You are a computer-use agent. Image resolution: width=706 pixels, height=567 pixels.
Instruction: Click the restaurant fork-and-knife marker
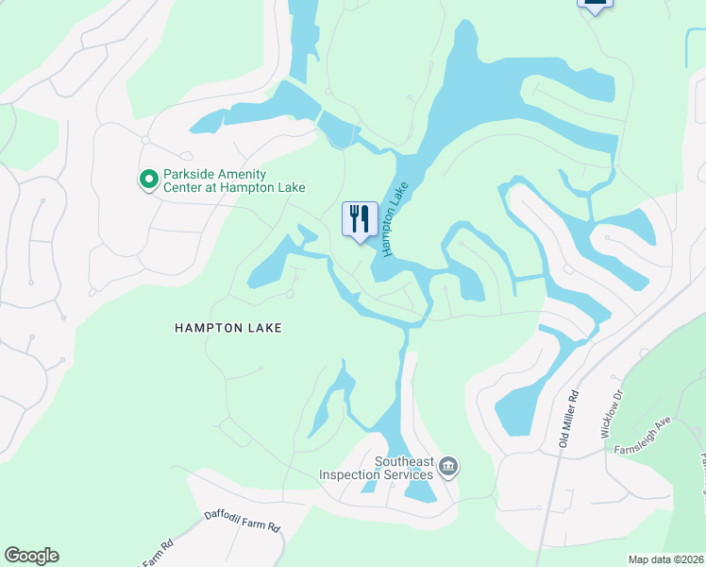pyautogui.click(x=359, y=219)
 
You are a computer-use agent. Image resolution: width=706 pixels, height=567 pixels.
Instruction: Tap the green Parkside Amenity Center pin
pyautogui.click(x=147, y=179)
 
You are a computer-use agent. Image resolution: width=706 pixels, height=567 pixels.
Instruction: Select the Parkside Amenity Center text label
pyautogui.click(x=220, y=180)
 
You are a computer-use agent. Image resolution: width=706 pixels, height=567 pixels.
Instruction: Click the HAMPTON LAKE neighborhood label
pyautogui.click(x=228, y=328)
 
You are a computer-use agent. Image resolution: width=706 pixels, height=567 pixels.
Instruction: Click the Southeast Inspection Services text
pyautogui.click(x=377, y=468)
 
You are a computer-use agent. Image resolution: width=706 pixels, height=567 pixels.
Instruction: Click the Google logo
pyautogui.click(x=31, y=556)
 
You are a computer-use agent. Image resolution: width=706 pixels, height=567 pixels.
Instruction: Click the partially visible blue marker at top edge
pyautogui.click(x=595, y=5)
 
